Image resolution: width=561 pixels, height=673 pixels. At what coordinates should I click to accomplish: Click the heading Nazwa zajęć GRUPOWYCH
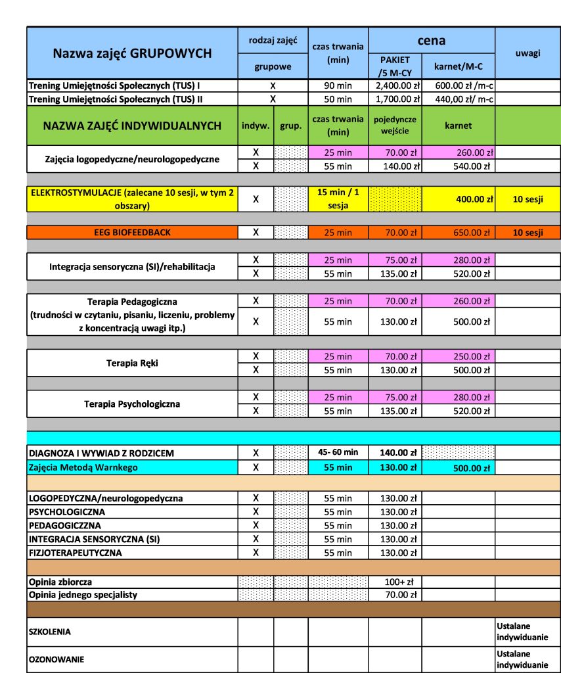(x=132, y=53)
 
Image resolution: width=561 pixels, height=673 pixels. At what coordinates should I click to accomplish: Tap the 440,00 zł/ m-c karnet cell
(x=459, y=99)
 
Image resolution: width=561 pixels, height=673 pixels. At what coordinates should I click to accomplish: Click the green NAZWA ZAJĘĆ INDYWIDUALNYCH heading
(x=132, y=126)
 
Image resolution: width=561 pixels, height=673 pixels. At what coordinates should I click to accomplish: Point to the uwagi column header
(x=528, y=53)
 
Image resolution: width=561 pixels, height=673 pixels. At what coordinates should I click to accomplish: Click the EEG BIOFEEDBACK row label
(x=132, y=232)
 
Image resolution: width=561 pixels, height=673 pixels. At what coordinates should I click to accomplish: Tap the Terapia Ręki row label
(x=132, y=363)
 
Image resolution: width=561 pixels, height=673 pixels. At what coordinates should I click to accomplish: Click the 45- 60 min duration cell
(x=338, y=452)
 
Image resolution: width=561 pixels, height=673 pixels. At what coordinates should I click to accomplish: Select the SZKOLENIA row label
(x=49, y=632)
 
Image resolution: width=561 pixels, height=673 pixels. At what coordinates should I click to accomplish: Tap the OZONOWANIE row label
(x=55, y=659)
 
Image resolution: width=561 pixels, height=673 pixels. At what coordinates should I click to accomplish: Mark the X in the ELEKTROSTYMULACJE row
(x=256, y=198)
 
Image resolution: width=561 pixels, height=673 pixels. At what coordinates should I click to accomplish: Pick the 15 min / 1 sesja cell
(x=338, y=198)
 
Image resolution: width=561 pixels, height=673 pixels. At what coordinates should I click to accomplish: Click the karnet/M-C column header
(x=458, y=66)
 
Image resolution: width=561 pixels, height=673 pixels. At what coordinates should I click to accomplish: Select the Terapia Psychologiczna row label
(x=132, y=404)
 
